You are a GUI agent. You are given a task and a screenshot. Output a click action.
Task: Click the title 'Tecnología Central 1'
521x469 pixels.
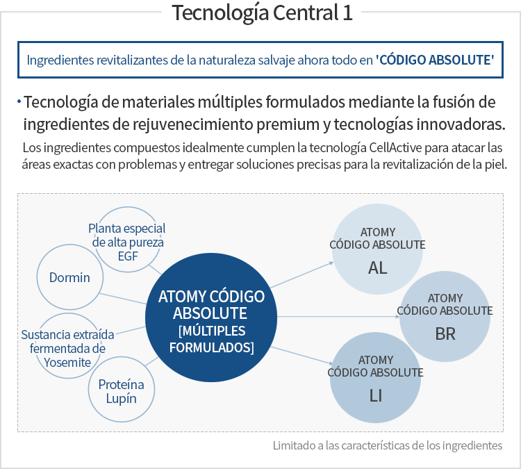[x=262, y=13]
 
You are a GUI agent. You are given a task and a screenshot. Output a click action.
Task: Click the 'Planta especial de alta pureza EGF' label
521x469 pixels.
[x=127, y=242]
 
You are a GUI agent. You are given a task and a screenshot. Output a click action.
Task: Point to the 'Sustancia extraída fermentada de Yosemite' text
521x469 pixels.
[x=68, y=348]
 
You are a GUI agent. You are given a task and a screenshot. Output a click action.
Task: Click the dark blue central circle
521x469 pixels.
[x=211, y=318]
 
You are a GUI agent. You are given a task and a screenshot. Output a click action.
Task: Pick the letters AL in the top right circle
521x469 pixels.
[x=377, y=268]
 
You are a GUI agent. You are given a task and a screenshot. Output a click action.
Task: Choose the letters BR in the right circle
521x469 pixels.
[x=445, y=334]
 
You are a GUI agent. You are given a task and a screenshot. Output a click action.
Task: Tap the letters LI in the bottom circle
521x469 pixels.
[x=376, y=396]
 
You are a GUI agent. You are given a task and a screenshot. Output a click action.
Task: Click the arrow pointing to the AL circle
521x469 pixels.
[x=301, y=275]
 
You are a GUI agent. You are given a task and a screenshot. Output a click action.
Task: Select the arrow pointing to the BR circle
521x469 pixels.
[x=338, y=316]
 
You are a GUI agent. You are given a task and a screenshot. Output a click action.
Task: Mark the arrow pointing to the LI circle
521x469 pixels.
[x=301, y=356]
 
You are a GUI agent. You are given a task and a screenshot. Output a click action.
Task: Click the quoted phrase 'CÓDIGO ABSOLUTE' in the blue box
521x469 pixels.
[x=435, y=60]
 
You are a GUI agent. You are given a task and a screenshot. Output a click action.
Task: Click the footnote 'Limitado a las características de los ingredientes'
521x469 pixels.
[x=388, y=445]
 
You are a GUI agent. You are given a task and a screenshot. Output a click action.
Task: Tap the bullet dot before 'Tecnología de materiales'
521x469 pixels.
[x=19, y=101]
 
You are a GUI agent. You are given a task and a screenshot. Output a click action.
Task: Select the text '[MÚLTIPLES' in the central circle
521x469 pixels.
[x=212, y=331]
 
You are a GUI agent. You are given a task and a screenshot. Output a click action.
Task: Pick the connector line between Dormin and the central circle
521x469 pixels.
[x=122, y=299]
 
